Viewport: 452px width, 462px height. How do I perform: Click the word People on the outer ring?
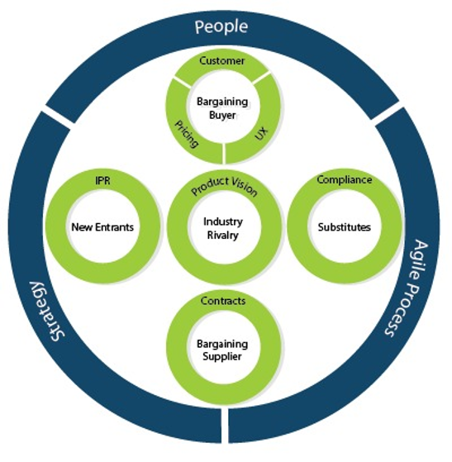click(221, 26)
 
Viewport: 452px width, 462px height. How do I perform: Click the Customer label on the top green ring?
click(222, 60)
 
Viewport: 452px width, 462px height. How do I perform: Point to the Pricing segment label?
click(187, 133)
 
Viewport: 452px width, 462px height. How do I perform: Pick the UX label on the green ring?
click(262, 133)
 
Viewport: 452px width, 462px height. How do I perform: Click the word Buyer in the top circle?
click(222, 115)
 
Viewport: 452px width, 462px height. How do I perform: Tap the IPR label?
click(102, 181)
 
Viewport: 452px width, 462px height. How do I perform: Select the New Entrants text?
click(102, 227)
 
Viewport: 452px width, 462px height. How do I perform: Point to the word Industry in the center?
click(223, 221)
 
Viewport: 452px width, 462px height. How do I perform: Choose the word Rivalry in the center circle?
click(223, 235)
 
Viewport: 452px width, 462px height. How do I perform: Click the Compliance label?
click(344, 179)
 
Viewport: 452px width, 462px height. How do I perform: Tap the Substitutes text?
click(344, 227)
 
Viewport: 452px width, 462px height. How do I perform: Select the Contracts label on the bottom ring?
click(223, 301)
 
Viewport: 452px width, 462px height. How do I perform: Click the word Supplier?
click(222, 356)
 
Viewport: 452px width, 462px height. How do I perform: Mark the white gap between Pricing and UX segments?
click(224, 153)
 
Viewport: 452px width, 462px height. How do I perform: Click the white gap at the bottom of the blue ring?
click(225, 425)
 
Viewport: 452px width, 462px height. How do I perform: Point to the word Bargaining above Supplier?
click(222, 344)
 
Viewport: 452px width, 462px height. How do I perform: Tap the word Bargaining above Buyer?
click(222, 102)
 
